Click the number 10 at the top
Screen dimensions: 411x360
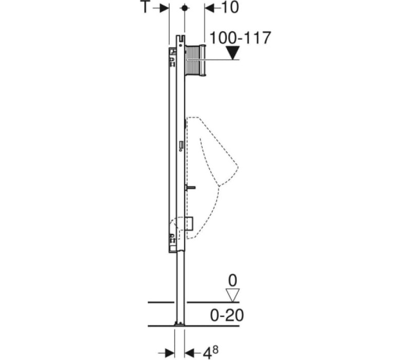(x=231, y=7)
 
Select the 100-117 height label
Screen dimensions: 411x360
(x=240, y=38)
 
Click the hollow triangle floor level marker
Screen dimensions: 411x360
(x=233, y=295)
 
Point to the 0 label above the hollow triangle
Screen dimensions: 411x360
(x=233, y=280)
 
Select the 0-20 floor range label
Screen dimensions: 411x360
(x=227, y=315)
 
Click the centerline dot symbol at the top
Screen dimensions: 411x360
(x=185, y=8)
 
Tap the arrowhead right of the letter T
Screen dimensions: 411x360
(x=164, y=8)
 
